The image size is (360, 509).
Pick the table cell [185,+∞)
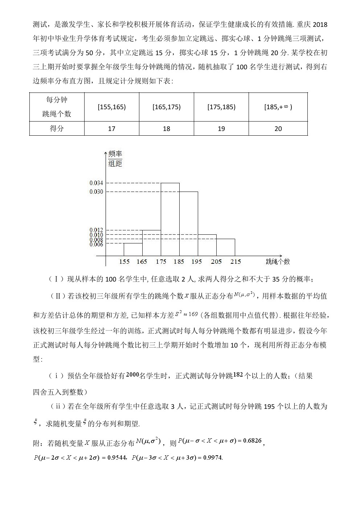278,107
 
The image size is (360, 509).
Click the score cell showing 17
112,129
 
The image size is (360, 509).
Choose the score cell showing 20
278,129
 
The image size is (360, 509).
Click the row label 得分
57,129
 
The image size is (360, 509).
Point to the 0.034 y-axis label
96,183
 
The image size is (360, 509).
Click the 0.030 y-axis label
96,192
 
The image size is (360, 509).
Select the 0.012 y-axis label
96,230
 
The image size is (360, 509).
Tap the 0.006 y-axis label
96,245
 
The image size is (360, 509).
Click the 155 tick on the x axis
124,262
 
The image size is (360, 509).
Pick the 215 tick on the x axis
235,262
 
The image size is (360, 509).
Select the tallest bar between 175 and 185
170,219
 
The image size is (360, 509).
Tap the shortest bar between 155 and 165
133,250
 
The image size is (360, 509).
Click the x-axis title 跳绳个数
278,262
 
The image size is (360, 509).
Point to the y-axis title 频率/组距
115,159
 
